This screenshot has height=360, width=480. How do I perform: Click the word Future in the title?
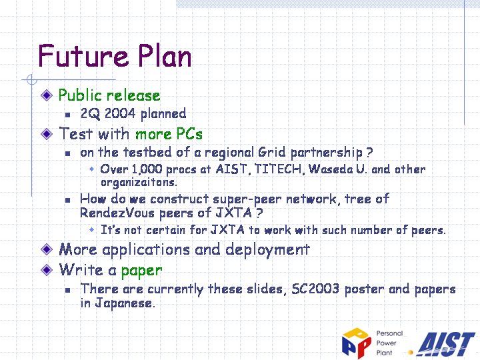click(83, 56)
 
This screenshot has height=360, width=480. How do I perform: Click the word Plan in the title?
click(165, 55)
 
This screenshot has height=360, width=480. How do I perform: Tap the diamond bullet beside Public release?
click(47, 95)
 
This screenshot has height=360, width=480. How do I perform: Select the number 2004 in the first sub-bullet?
click(120, 113)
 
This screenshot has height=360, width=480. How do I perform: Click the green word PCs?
click(189, 134)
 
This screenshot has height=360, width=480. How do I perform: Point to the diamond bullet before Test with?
click(47, 134)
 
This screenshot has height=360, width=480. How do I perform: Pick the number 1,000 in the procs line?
click(147, 169)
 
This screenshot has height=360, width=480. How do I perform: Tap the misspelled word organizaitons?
click(139, 183)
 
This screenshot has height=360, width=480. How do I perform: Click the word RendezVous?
click(117, 213)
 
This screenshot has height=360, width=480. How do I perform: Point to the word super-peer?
click(247, 199)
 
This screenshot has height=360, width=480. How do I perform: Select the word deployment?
click(267, 250)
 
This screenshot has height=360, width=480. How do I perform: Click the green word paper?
click(141, 271)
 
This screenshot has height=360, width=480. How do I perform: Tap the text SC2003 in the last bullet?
click(315, 289)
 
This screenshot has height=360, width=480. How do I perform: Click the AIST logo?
click(446, 344)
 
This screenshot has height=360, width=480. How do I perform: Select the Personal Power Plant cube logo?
click(356, 343)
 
